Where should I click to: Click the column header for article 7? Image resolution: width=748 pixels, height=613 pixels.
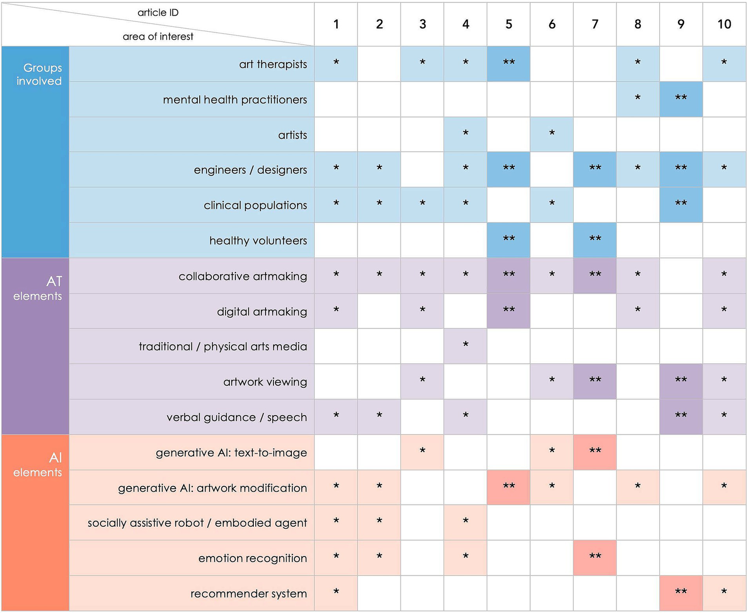point(595,24)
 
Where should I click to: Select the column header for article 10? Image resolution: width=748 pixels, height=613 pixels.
point(724,24)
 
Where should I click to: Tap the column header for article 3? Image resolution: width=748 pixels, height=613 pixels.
point(422,24)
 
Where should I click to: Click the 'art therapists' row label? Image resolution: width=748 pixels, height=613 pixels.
point(273,64)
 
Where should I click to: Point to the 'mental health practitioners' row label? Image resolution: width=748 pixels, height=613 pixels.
point(235,99)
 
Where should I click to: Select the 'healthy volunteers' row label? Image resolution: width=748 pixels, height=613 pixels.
point(258,240)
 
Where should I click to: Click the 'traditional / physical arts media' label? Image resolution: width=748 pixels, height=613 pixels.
point(223,346)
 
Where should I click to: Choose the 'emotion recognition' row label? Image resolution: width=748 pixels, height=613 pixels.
point(252,558)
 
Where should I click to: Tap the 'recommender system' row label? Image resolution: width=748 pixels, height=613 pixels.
point(249,593)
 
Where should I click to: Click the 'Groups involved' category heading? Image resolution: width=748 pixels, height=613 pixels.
point(39,74)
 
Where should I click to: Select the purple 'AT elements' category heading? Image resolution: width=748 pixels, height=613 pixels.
point(38,288)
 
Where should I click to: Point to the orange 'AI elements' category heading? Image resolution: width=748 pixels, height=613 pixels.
point(38,464)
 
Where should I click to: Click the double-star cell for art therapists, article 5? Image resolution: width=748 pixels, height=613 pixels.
point(508,63)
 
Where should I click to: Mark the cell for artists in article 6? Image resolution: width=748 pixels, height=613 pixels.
point(552,134)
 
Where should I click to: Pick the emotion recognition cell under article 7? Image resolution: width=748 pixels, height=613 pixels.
point(595,557)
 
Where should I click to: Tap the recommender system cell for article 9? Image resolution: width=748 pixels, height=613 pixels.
point(681,593)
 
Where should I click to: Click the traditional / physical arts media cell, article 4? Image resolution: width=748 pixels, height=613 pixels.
point(465,346)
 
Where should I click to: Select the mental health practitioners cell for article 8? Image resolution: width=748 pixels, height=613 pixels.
point(637,99)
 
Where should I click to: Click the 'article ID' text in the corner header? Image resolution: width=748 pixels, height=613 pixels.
point(158,13)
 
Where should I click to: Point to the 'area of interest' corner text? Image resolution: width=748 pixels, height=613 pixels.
point(158,37)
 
